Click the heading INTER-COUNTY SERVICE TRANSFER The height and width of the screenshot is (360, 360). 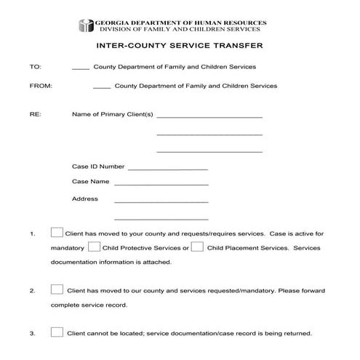click(x=180, y=45)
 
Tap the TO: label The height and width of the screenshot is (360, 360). click(x=34, y=67)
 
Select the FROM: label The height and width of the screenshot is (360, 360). click(x=39, y=86)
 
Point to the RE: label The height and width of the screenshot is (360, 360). click(x=34, y=114)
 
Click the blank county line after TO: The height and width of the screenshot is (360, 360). click(x=81, y=69)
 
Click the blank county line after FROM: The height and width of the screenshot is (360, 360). click(x=103, y=88)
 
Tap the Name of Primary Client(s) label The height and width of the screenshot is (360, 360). click(x=112, y=114)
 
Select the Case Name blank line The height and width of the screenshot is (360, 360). click(x=161, y=184)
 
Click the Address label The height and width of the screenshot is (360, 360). click(x=84, y=199)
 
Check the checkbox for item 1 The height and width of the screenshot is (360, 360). click(x=57, y=233)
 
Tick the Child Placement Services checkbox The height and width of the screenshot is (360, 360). click(x=196, y=247)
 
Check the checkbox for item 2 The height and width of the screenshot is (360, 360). click(x=57, y=289)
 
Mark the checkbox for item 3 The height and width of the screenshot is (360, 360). click(x=57, y=332)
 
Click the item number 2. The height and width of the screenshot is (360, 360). click(x=32, y=291)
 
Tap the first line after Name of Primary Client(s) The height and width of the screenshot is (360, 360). click(x=209, y=116)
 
